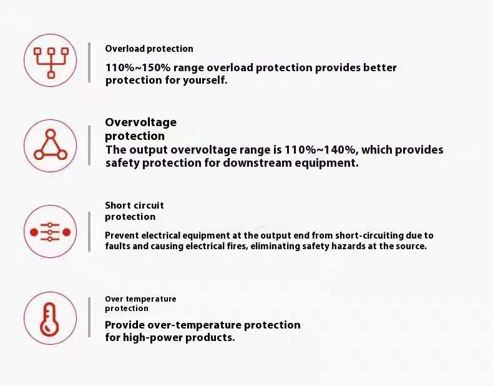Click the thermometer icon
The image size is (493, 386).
49,319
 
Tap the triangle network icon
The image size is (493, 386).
51,145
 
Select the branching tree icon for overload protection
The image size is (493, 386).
51,62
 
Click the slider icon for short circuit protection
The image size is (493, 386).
51,232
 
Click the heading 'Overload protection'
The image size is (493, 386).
149,49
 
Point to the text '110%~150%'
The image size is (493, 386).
138,67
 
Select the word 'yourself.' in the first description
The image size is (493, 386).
205,80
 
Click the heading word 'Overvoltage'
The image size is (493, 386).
140,122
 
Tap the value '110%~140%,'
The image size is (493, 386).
321,150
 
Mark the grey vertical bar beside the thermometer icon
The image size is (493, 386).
89,317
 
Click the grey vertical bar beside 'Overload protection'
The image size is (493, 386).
89,62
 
